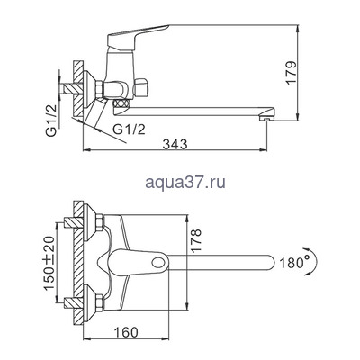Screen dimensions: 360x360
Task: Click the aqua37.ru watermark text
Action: click(x=180, y=183)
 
